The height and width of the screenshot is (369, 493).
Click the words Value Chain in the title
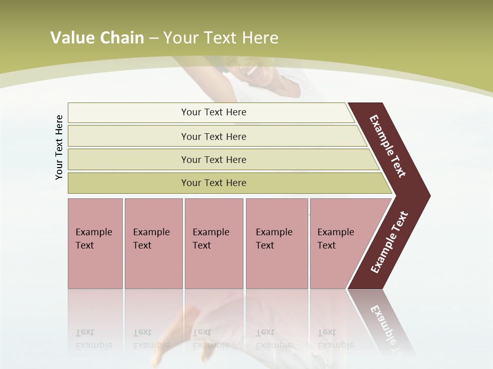click(97, 38)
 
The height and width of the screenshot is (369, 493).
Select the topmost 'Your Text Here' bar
click(213, 112)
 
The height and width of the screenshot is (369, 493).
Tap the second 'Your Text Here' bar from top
click(213, 136)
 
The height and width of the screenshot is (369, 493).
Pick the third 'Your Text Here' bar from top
click(213, 159)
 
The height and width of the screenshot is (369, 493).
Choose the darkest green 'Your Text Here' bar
click(213, 183)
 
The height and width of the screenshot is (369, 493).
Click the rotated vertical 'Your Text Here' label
click(59, 147)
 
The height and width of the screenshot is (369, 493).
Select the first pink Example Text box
click(95, 243)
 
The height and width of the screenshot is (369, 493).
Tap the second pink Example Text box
click(153, 243)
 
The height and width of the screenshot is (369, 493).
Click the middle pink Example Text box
click(214, 243)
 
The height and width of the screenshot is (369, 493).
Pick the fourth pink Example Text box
click(276, 243)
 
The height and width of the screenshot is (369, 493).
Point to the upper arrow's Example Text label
click(388, 146)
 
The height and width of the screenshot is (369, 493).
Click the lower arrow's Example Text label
click(389, 242)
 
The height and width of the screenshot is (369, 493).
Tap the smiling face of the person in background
click(254, 72)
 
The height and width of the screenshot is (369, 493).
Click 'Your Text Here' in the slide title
click(221, 38)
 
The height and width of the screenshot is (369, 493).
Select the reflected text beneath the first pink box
click(92, 339)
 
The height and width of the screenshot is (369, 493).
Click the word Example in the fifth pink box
click(335, 232)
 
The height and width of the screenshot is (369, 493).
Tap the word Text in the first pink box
click(85, 245)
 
